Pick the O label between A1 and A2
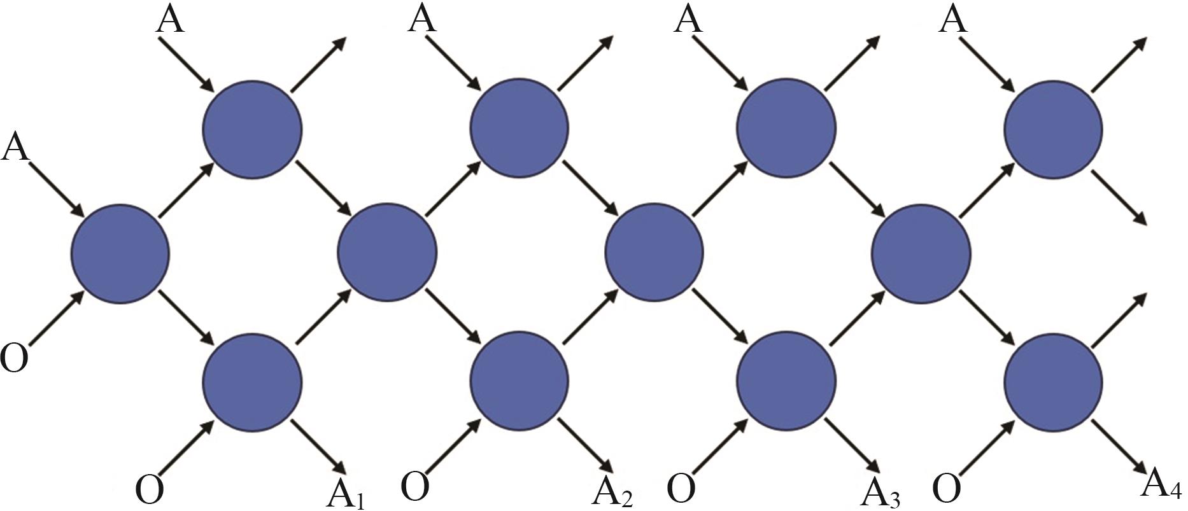(415, 487)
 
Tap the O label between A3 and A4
(947, 489)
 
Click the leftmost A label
(15, 147)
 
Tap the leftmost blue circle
(120, 253)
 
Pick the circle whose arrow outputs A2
(519, 381)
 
